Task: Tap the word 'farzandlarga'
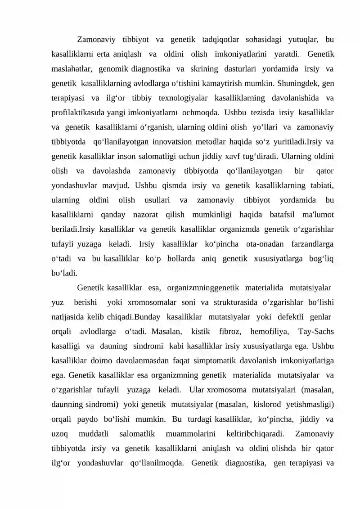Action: (311, 243)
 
